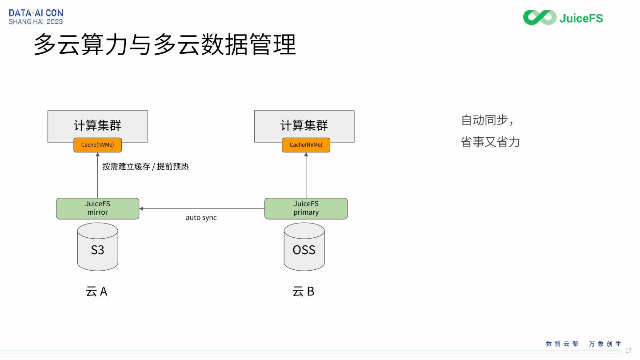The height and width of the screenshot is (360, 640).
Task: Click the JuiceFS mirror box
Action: (97, 208)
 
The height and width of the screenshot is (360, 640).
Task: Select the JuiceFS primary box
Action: (306, 208)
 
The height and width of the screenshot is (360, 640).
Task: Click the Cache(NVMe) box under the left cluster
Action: (97, 145)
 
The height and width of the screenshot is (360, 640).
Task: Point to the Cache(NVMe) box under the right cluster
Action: (306, 145)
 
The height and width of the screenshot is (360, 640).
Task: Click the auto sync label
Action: (201, 217)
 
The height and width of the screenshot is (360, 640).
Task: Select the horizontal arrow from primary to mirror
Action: (202, 208)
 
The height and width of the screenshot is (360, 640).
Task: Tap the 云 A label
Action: (96, 292)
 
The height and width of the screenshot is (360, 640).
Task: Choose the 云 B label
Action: (304, 292)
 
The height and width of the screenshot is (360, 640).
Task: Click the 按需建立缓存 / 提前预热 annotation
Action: (145, 167)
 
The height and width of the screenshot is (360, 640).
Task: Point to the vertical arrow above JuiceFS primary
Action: (306, 175)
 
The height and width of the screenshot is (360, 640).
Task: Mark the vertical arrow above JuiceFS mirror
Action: (97, 175)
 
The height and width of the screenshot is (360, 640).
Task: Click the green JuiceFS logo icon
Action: (540, 18)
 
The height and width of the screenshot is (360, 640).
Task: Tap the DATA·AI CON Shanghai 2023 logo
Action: (36, 17)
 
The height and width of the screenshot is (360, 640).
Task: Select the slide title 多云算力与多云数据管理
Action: (165, 45)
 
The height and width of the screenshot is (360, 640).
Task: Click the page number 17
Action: (628, 351)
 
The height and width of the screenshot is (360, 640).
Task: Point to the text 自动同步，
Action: (487, 120)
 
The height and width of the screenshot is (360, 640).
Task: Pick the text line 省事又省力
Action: (490, 142)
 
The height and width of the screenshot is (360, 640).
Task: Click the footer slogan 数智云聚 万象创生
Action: (583, 344)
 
